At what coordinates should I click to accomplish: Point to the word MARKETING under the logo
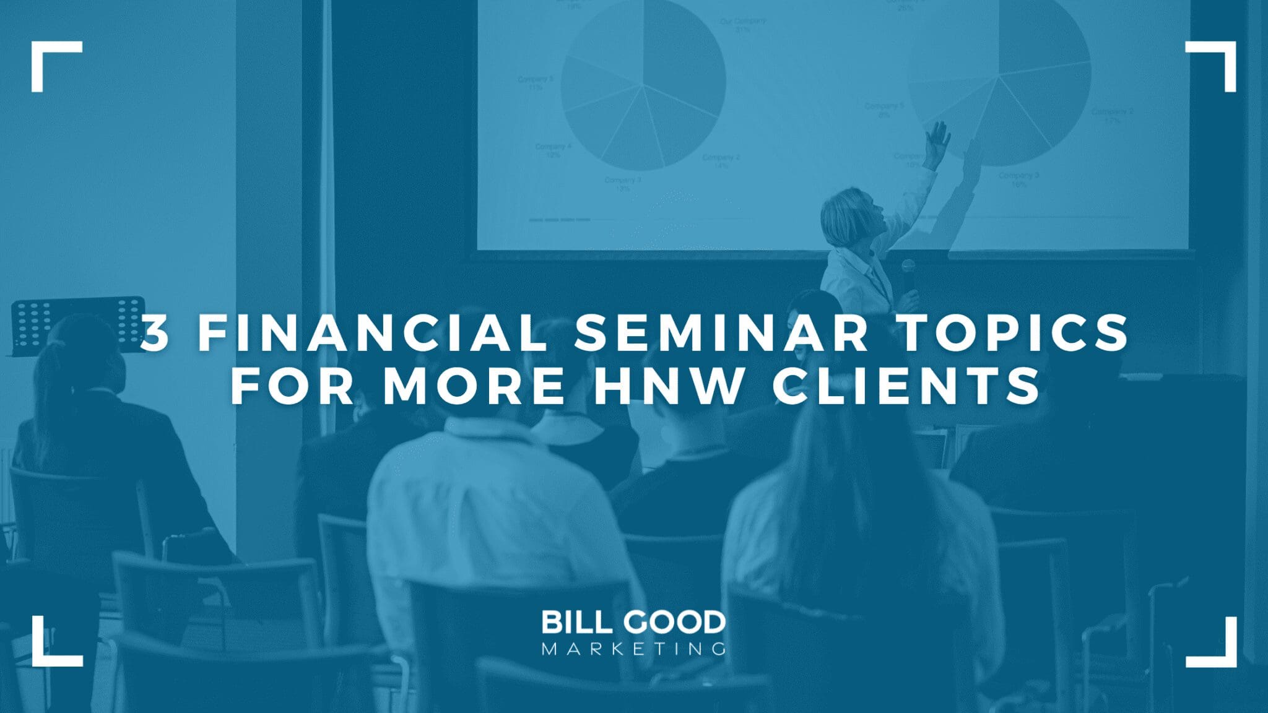pos(633,649)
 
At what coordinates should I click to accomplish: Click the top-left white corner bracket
pos(50,59)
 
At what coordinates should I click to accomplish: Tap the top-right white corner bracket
pos(1218,59)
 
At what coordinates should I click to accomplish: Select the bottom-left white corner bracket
pos(50,649)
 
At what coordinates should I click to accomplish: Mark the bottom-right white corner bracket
pos(1218,649)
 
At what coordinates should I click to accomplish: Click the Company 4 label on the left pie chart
pos(553,150)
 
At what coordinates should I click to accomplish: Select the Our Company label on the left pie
pos(742,24)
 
